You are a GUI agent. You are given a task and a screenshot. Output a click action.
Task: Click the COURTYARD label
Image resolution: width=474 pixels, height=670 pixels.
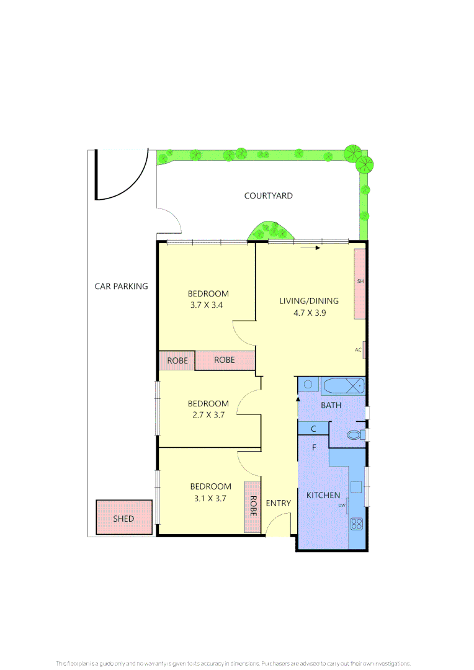click(x=268, y=196)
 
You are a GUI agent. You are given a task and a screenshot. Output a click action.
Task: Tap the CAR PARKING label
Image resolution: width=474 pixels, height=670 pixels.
click(x=121, y=287)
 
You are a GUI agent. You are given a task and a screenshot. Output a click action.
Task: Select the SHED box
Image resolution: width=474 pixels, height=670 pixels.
click(x=123, y=518)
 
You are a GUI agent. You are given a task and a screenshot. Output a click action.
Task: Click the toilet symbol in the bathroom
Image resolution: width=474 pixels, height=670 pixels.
click(x=354, y=435)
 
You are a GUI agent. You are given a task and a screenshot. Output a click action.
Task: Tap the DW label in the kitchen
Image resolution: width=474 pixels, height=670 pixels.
click(x=341, y=506)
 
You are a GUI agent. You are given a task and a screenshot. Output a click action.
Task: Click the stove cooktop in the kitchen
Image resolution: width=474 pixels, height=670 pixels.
click(x=356, y=524)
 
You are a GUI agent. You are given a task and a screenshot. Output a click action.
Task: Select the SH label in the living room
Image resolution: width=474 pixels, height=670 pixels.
click(x=360, y=282)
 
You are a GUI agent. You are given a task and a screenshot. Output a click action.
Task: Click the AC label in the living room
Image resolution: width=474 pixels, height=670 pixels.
click(x=358, y=350)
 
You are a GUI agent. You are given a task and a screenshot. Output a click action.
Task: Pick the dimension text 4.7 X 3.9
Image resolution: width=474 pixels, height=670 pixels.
click(x=310, y=313)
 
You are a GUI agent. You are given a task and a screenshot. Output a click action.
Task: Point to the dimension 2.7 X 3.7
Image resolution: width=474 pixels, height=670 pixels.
click(x=208, y=415)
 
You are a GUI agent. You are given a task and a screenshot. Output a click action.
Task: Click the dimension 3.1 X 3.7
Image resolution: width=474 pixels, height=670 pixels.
click(x=210, y=498)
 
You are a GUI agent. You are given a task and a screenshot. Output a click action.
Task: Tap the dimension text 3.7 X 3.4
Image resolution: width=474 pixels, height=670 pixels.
click(x=208, y=305)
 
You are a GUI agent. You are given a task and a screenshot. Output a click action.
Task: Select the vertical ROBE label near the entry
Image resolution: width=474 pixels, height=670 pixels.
click(x=253, y=506)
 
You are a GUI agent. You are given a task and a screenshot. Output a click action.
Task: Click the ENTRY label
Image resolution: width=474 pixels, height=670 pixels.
click(x=278, y=503)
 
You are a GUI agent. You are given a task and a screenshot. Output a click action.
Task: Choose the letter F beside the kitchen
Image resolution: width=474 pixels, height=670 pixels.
click(x=315, y=447)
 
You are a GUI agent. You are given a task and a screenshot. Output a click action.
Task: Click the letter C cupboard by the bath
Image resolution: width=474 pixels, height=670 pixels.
click(x=313, y=429)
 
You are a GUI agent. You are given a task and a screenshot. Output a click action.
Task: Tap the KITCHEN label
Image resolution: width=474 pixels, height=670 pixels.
click(x=323, y=495)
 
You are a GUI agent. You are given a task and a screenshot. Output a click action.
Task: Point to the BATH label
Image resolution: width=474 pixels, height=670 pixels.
click(x=331, y=405)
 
